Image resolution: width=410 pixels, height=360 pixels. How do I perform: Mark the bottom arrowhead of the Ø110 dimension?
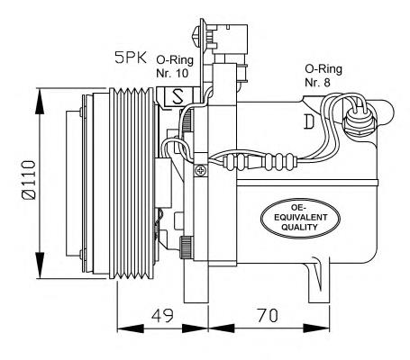[x=37, y=271]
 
